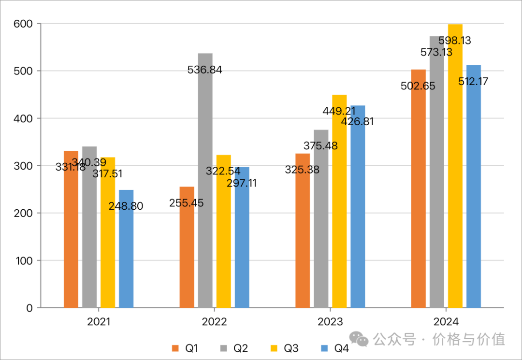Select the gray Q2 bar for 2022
click(x=205, y=193)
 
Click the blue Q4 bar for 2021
click(x=126, y=256)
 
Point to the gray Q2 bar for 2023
click(x=321, y=232)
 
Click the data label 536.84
click(x=205, y=70)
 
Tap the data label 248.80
click(x=126, y=206)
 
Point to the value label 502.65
click(x=418, y=86)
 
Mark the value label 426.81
click(x=357, y=122)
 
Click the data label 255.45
click(x=187, y=203)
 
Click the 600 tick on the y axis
click(x=23, y=24)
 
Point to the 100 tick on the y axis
click(x=23, y=260)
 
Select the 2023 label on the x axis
click(x=330, y=322)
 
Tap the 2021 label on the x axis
click(x=99, y=322)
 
